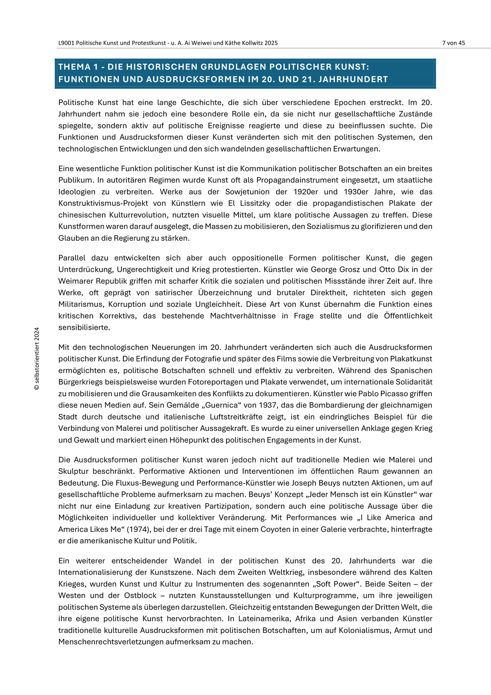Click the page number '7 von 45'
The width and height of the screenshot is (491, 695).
tap(453, 43)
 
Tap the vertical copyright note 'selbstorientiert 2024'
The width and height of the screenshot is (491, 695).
tap(37, 358)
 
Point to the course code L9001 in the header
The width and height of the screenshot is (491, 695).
tap(66, 43)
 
